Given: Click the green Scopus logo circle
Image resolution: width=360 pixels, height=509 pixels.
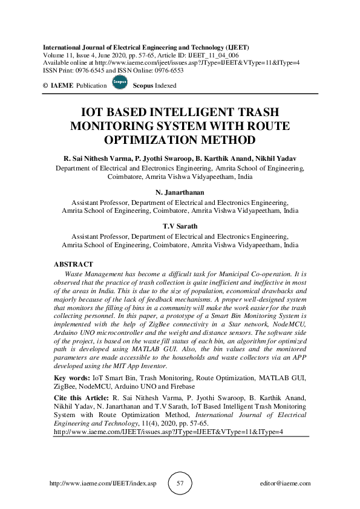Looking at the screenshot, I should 120,84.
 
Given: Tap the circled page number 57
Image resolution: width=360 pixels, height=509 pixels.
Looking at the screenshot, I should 180,484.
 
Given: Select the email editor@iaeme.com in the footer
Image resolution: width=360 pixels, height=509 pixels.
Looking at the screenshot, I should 284,484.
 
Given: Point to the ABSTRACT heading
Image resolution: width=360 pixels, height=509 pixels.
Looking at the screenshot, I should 74,264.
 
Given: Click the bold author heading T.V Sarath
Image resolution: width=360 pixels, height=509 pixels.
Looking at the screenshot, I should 180,227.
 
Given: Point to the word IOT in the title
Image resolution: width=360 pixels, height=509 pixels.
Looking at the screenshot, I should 94,113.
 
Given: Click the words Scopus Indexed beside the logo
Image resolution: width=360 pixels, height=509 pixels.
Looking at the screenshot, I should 154,86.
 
